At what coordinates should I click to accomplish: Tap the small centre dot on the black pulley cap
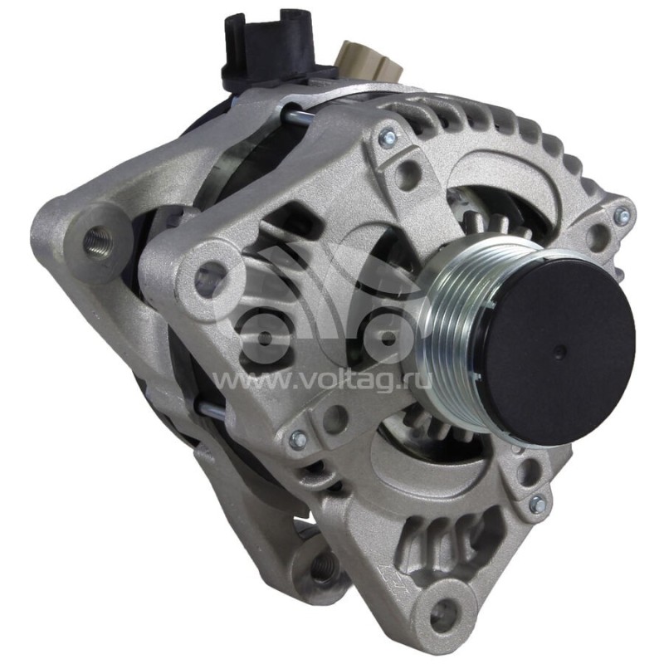pos(561,349)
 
